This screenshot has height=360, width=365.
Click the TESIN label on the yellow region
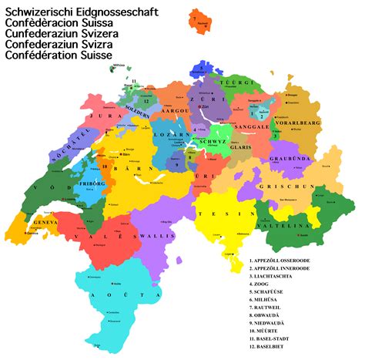pyautogui.click(x=218, y=214)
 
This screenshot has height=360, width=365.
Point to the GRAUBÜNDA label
pyautogui.click(x=289, y=159)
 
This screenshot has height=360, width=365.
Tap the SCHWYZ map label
pyautogui.click(x=212, y=143)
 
